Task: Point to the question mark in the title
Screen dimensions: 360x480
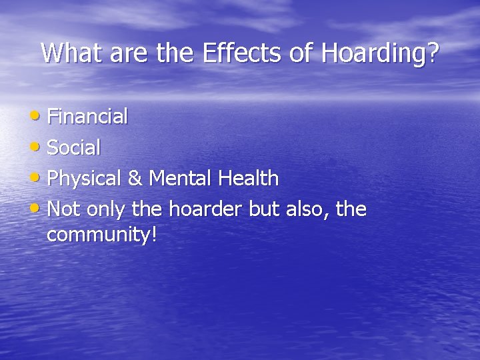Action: tap(433, 53)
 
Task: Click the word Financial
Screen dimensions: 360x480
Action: tap(87, 117)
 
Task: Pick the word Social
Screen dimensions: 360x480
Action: tap(74, 147)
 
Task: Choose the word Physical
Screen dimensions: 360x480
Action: tap(84, 179)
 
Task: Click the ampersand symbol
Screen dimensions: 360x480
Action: tap(135, 179)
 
